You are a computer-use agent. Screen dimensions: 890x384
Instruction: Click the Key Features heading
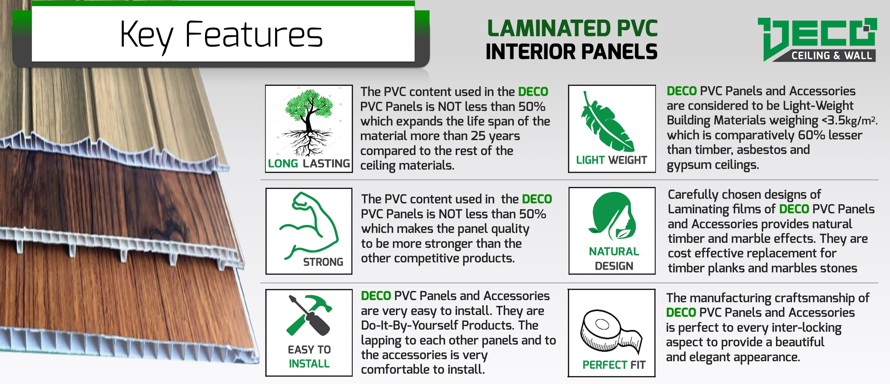point(221,36)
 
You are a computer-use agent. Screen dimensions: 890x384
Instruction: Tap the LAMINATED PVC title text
point(572,28)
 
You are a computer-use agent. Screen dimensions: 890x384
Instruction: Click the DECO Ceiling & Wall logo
point(817,39)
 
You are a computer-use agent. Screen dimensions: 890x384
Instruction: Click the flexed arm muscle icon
point(308,225)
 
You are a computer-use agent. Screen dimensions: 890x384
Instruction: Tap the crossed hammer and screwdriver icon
point(309,315)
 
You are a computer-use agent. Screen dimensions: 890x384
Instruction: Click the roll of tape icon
point(611,331)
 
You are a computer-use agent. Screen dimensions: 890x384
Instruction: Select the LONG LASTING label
point(309,163)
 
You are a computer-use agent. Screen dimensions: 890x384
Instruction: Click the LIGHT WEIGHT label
point(612,160)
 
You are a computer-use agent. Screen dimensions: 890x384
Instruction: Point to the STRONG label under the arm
point(323,262)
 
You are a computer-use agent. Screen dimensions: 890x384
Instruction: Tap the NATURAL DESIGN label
point(614,258)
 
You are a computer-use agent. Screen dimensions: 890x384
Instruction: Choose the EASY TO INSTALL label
point(309,357)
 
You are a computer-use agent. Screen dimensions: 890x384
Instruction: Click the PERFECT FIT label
point(614,365)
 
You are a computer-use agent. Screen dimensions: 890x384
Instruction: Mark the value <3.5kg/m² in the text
point(849,121)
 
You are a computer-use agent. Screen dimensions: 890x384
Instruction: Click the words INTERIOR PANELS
point(572,52)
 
